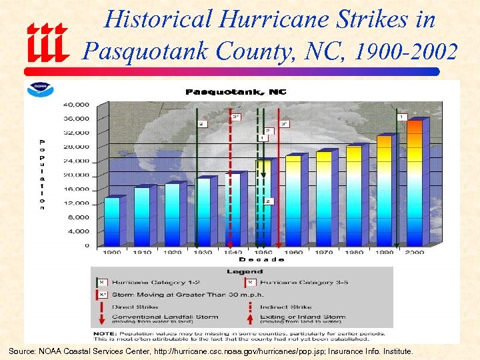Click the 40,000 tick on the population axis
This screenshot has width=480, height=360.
76,105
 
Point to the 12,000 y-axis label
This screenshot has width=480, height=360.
76,203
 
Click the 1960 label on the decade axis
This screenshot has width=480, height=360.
293,253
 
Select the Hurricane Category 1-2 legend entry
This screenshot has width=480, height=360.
150,283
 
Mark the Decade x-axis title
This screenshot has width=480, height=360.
261,259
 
